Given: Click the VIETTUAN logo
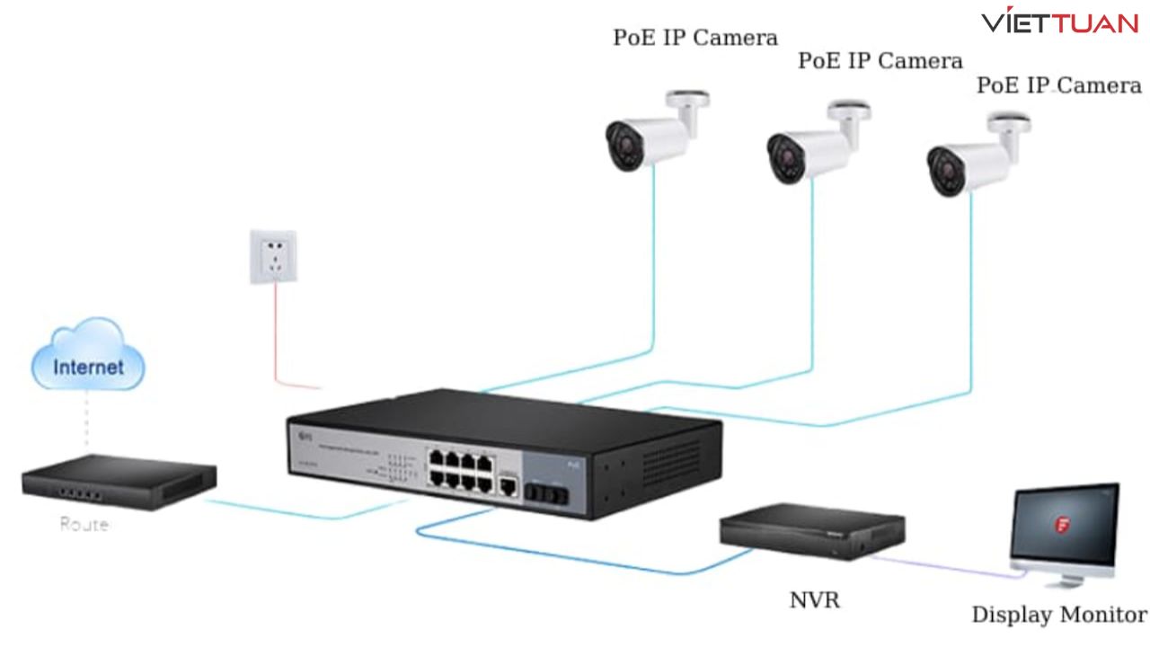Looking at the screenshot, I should [1059, 22].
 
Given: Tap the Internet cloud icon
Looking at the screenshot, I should [87, 359].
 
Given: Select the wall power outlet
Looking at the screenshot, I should [273, 257].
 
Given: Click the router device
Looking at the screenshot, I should [119, 482].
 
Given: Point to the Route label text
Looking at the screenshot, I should [84, 524].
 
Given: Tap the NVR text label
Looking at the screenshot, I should [814, 599].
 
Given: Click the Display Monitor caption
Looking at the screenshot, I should [1058, 616].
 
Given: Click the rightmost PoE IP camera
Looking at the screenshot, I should [974, 159].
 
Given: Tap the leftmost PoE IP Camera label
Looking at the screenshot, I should [694, 38].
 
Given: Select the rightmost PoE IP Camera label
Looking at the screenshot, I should [1058, 85].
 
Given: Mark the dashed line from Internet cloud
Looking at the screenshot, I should [87, 422].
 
